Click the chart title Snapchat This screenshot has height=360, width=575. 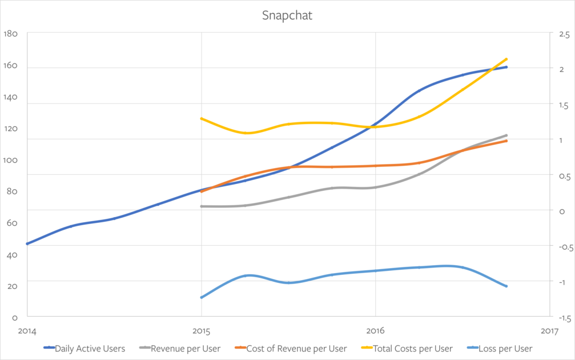(287, 15)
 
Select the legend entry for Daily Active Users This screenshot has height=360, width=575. (90, 348)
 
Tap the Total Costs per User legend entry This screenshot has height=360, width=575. (412, 348)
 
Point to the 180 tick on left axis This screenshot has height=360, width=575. (11, 34)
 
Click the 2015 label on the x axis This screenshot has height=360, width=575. (201, 330)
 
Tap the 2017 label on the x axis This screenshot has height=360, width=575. (549, 330)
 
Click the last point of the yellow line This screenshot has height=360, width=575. (506, 59)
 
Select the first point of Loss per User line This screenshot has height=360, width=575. (201, 298)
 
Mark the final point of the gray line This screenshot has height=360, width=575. (506, 135)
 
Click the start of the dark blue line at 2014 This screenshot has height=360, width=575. (27, 244)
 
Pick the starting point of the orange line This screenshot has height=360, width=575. (201, 191)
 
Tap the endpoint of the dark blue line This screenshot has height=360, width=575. (506, 67)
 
